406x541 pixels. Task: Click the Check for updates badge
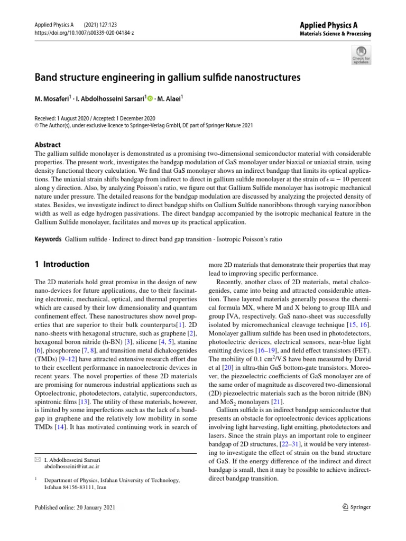tap(361, 54)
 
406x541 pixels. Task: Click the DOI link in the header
tap(84, 33)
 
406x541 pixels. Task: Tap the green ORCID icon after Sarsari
tap(150, 98)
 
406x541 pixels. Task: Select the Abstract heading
tap(47, 145)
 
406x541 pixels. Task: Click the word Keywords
tap(48, 239)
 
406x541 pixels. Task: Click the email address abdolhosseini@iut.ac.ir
tap(72, 467)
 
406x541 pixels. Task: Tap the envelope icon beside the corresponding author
tap(36, 460)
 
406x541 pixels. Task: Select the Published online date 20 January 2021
tap(73, 507)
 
